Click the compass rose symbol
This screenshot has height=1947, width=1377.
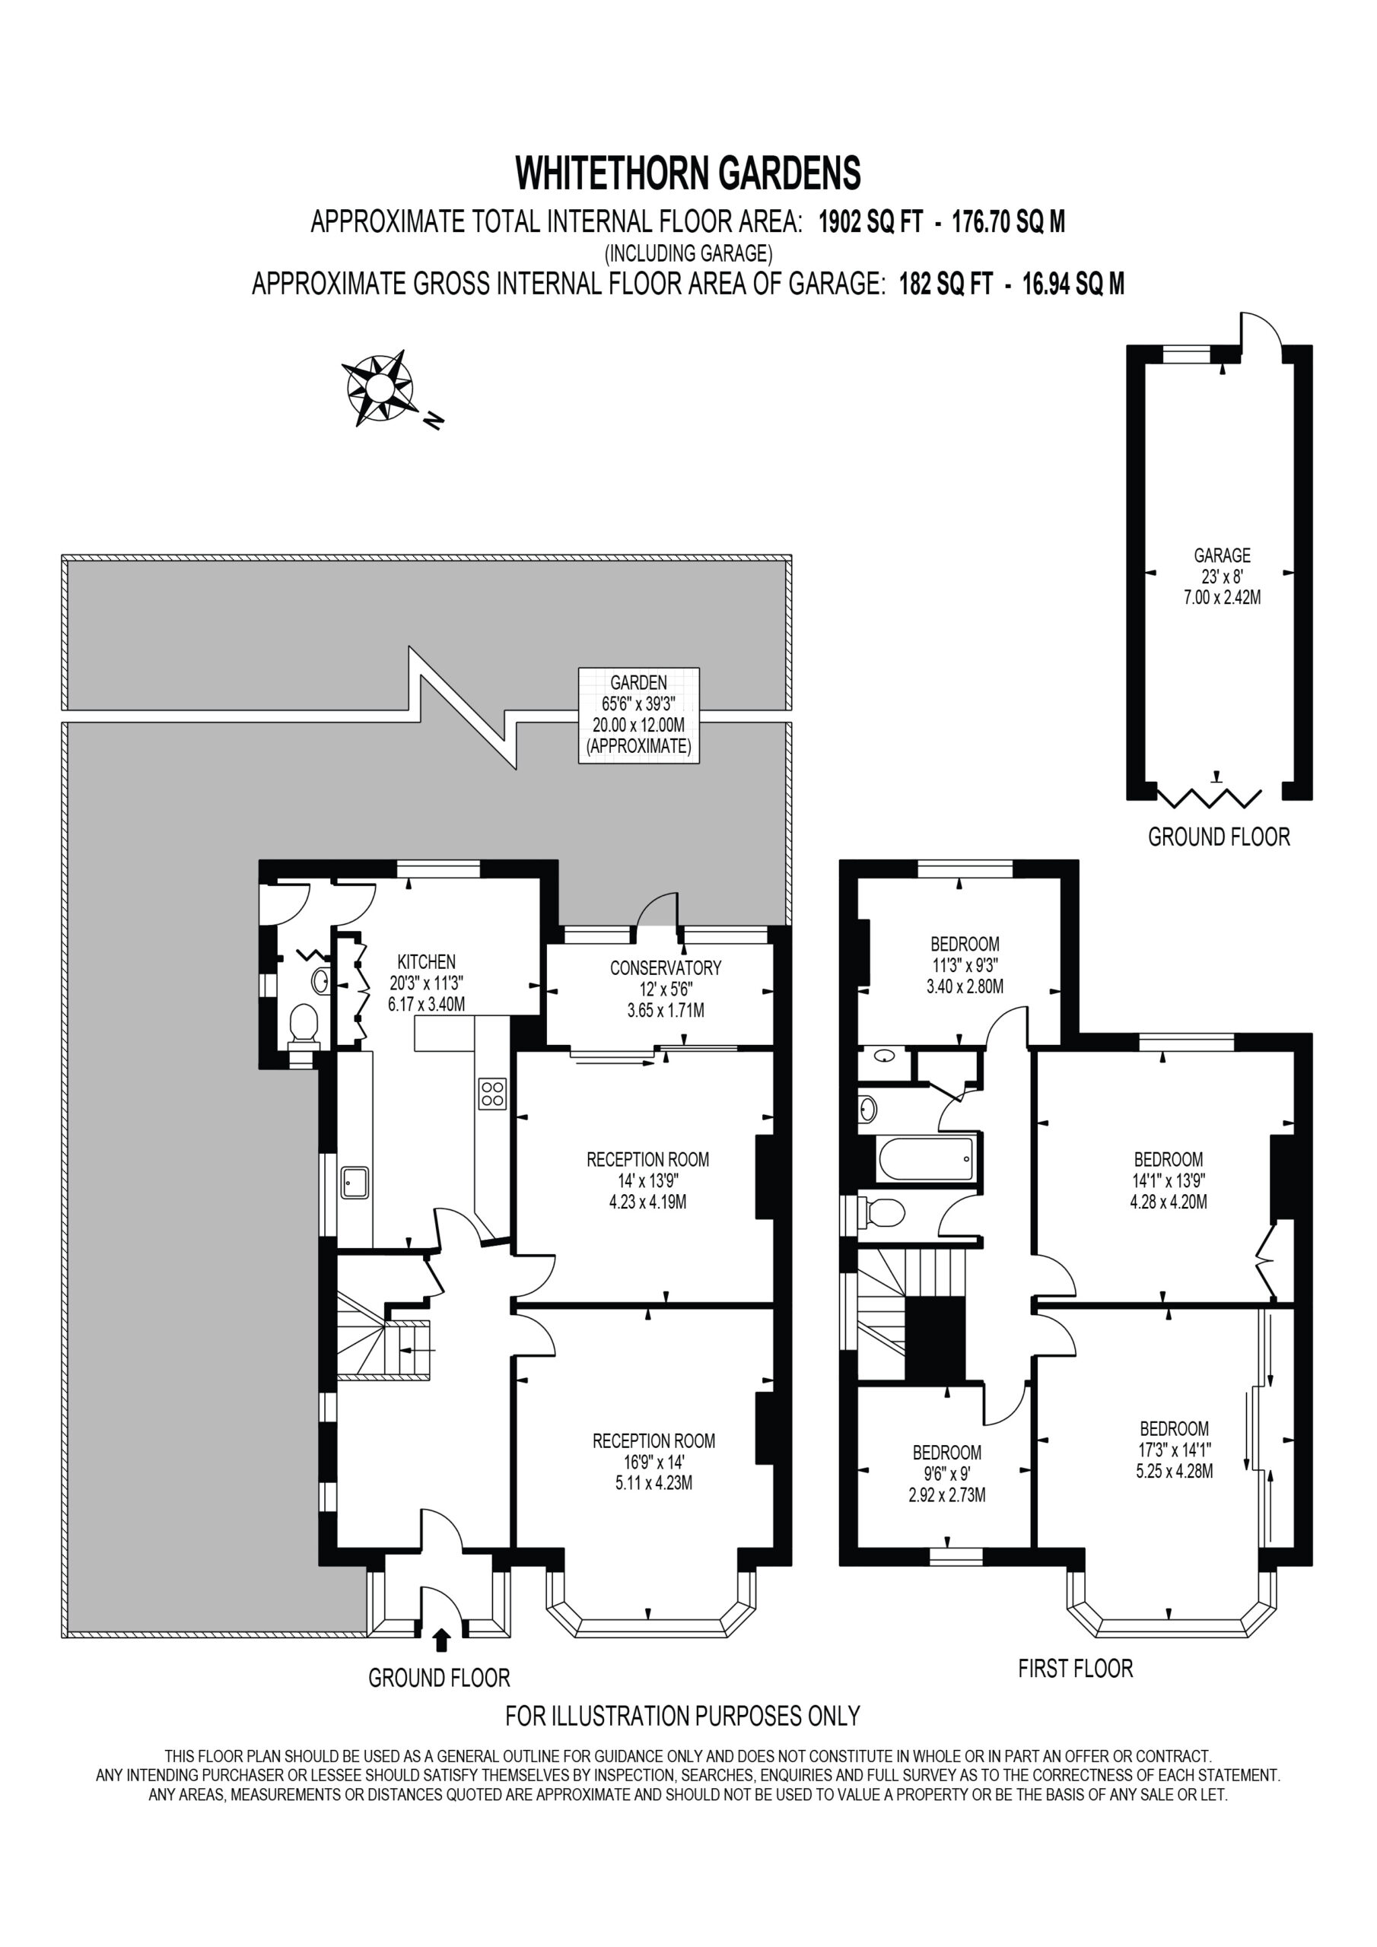pos(378,388)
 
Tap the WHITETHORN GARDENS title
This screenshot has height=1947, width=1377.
pos(688,173)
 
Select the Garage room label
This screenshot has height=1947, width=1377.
pos(1222,576)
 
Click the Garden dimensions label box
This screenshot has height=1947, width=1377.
pos(639,715)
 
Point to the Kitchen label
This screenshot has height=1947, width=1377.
pos(426,983)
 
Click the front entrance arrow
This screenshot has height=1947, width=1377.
pos(440,1640)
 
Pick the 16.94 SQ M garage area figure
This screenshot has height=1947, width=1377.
pos(1073,284)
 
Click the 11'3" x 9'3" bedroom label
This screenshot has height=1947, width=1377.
pos(965,965)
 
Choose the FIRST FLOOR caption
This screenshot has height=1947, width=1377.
pos(1075,1669)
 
